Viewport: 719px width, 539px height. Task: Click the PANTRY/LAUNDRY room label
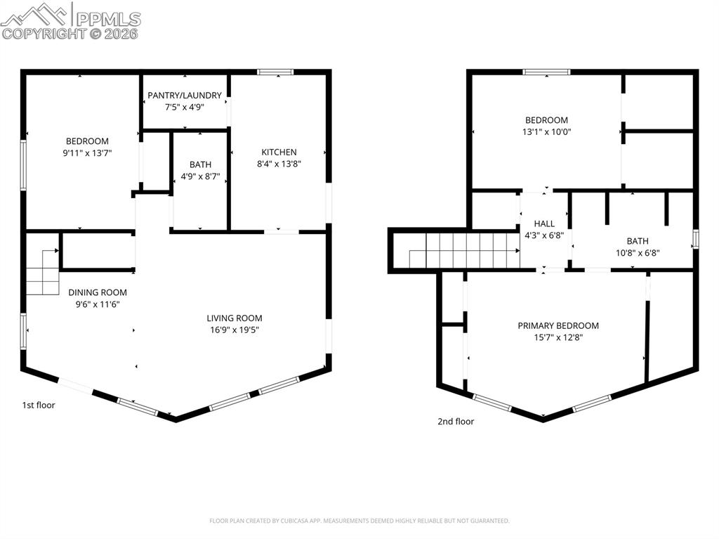(184, 96)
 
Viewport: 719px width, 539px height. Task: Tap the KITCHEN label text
(279, 152)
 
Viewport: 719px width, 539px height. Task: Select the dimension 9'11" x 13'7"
(87, 152)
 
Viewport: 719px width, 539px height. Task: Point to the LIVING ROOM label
(234, 318)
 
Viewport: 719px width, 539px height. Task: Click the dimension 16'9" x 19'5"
(234, 330)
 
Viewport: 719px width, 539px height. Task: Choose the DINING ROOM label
(98, 292)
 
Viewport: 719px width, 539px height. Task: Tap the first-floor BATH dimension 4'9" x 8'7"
(200, 177)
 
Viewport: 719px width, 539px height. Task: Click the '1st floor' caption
(38, 405)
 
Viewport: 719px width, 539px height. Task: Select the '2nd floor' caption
(456, 422)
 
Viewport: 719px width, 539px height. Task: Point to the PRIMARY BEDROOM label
(558, 325)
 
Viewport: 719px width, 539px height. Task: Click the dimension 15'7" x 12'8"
(558, 337)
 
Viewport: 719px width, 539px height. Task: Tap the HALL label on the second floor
(544, 224)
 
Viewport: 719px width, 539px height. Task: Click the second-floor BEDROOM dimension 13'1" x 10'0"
(546, 132)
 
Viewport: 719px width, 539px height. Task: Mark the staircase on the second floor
(463, 251)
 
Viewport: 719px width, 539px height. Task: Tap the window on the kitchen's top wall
(275, 72)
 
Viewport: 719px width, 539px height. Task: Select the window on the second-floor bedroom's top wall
(546, 72)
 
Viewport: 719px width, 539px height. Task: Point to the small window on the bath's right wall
(695, 239)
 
